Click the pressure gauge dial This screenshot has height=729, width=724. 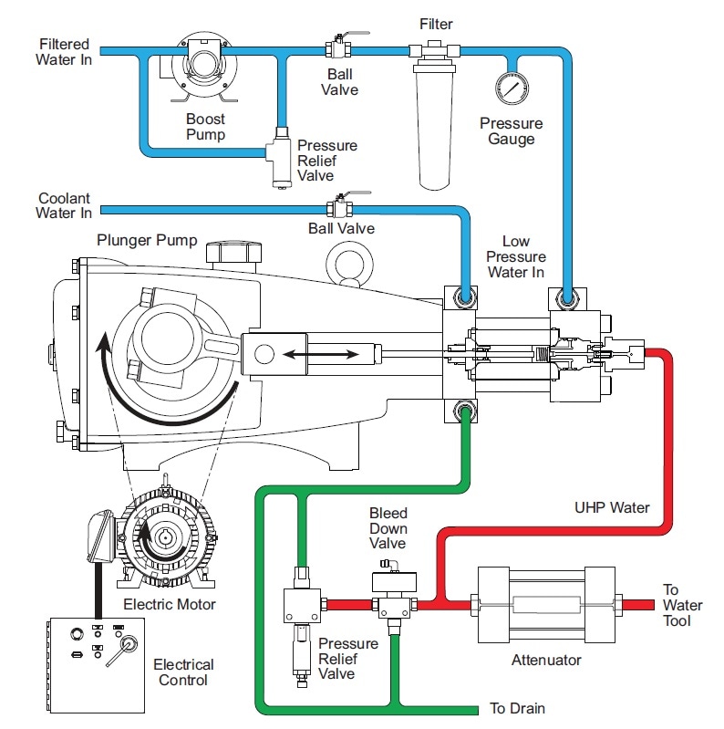coord(512,89)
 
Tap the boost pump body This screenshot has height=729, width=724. coord(204,65)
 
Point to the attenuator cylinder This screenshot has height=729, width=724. coord(546,604)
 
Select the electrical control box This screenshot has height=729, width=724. coord(96,665)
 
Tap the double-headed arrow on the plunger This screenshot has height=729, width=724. coord(321,355)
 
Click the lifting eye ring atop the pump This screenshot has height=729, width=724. coord(349,264)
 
